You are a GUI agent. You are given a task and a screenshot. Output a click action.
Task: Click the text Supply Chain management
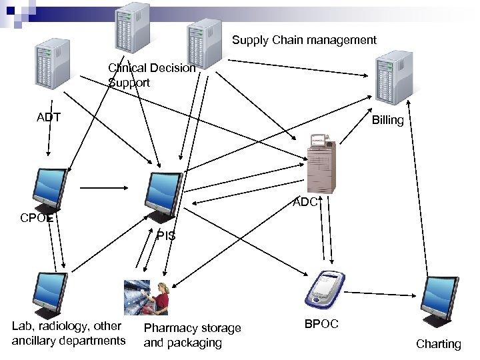[304, 40]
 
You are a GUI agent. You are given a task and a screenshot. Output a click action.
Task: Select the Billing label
[387, 121]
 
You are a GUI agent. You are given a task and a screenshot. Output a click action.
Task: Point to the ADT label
[49, 117]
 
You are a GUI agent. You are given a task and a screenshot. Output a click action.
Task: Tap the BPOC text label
[321, 324]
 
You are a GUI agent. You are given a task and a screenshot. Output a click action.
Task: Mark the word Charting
[438, 344]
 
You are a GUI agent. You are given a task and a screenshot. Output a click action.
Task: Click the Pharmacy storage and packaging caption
[192, 335]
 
